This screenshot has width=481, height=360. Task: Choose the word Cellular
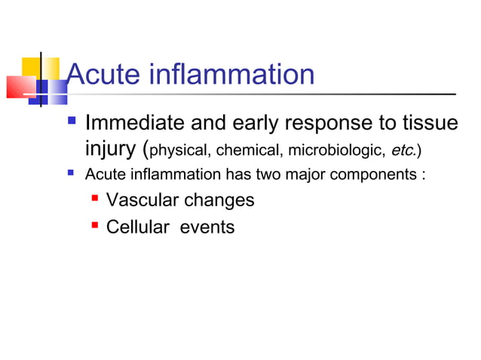(139, 226)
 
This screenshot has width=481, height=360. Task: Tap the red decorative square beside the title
(21, 87)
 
